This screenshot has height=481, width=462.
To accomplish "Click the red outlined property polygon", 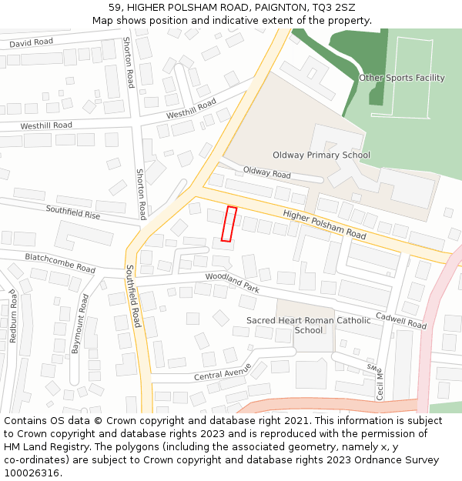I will [229, 224].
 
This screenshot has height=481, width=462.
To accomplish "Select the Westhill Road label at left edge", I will [46, 125].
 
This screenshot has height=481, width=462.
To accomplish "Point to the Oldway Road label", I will [266, 172].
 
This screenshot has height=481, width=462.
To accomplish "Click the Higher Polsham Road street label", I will [324, 223].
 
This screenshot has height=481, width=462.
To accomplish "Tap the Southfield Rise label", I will [72, 212].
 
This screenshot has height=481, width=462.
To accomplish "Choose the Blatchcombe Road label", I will [60, 262].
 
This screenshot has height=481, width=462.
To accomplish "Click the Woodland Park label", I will [232, 282].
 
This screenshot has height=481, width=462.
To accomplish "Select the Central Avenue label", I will [223, 372].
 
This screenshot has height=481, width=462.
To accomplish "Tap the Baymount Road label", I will [79, 323].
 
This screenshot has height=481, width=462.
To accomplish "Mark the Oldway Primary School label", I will [321, 155].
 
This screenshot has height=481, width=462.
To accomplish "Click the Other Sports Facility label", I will [402, 78].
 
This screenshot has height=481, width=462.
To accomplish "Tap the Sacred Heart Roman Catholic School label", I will [308, 325].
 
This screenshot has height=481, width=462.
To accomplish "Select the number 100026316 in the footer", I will [32, 473].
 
